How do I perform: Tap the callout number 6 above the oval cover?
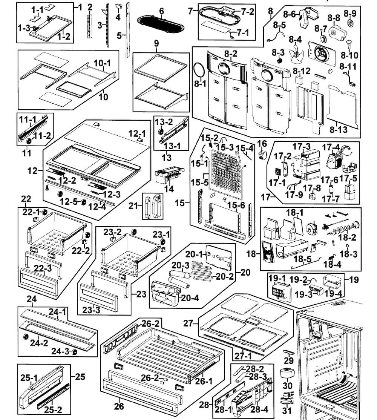161,11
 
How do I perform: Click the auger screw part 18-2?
341,228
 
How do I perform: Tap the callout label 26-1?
204,381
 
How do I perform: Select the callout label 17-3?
302,146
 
